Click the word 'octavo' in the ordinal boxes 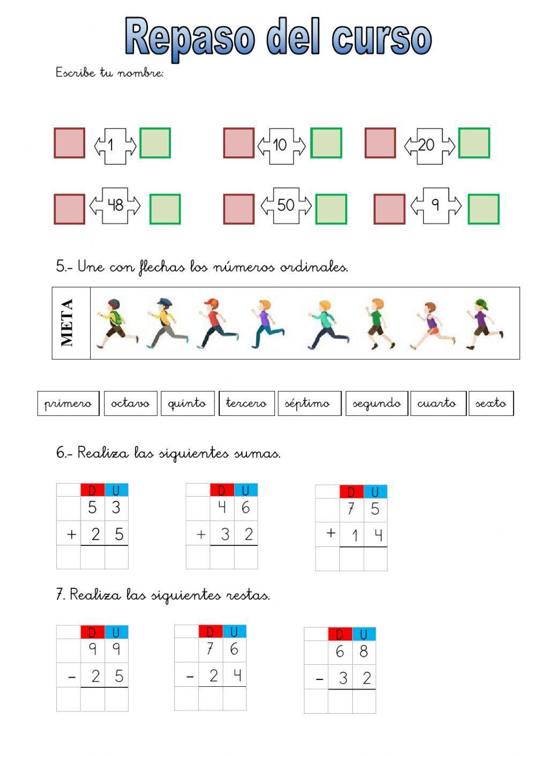(x=130, y=403)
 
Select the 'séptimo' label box (x=309, y=403)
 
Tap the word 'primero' (x=68, y=403)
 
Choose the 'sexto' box (x=490, y=403)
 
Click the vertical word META (x=68, y=323)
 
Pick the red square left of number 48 (x=70, y=209)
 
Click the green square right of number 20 (x=474, y=143)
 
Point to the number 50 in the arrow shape (x=286, y=205)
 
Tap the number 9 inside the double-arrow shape (x=435, y=205)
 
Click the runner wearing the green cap (x=484, y=324)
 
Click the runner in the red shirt (x=215, y=324)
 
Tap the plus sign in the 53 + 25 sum (x=71, y=534)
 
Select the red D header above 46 (x=222, y=490)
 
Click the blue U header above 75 (x=375, y=492)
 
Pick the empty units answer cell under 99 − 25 (x=116, y=699)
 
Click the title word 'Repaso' (x=190, y=38)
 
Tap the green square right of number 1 (x=155, y=143)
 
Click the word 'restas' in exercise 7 (x=248, y=595)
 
